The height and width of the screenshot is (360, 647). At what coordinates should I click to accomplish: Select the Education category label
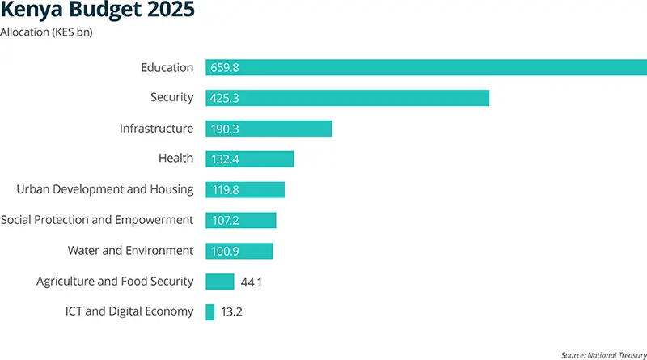pos(167,68)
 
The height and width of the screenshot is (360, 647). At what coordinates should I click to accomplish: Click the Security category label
pos(171,98)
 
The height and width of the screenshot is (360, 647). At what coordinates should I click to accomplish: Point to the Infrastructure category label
pos(156,129)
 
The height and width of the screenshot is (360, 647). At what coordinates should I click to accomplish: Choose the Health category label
pos(175,159)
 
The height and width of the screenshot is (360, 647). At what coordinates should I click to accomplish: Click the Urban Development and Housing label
pos(105,189)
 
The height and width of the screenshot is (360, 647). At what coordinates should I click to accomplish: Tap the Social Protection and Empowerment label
pos(97,220)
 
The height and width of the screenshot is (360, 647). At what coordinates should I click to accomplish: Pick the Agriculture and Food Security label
pos(115,282)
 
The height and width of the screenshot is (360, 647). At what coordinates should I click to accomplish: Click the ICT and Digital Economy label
pos(129,311)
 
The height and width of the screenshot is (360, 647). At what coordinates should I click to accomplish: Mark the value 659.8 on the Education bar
pos(226,68)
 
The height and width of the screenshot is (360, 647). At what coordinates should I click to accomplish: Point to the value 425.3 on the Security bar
pos(226,98)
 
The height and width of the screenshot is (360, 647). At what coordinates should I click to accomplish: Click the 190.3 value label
pos(226,129)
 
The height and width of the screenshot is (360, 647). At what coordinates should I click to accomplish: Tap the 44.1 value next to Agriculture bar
pos(252,282)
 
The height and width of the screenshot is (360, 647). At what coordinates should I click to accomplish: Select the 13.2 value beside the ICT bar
pos(232,311)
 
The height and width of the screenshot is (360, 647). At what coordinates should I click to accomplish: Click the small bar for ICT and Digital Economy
pos(210,311)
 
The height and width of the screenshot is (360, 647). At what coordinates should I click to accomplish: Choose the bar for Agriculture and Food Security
pos(220,282)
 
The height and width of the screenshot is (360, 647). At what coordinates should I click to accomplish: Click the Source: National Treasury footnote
pos(603,354)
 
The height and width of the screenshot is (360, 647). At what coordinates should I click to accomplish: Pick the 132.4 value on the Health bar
pos(226,159)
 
